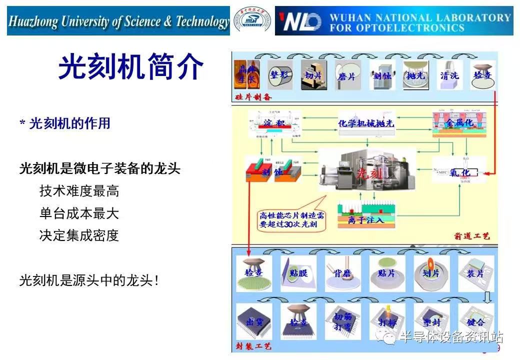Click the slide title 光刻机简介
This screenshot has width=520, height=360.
click(x=131, y=67)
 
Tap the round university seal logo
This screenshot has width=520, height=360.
click(x=252, y=21)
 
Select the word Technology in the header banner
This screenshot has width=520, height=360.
click(x=202, y=22)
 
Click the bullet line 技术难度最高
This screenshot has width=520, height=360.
click(x=79, y=190)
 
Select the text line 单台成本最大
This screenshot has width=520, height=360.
click(x=79, y=213)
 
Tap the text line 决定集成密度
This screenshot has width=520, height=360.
click(x=79, y=235)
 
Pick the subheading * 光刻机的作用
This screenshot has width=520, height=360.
click(x=65, y=123)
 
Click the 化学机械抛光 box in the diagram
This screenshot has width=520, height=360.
click(x=366, y=123)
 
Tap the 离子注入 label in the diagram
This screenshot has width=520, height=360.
click(x=365, y=220)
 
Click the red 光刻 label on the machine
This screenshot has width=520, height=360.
click(x=369, y=174)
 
